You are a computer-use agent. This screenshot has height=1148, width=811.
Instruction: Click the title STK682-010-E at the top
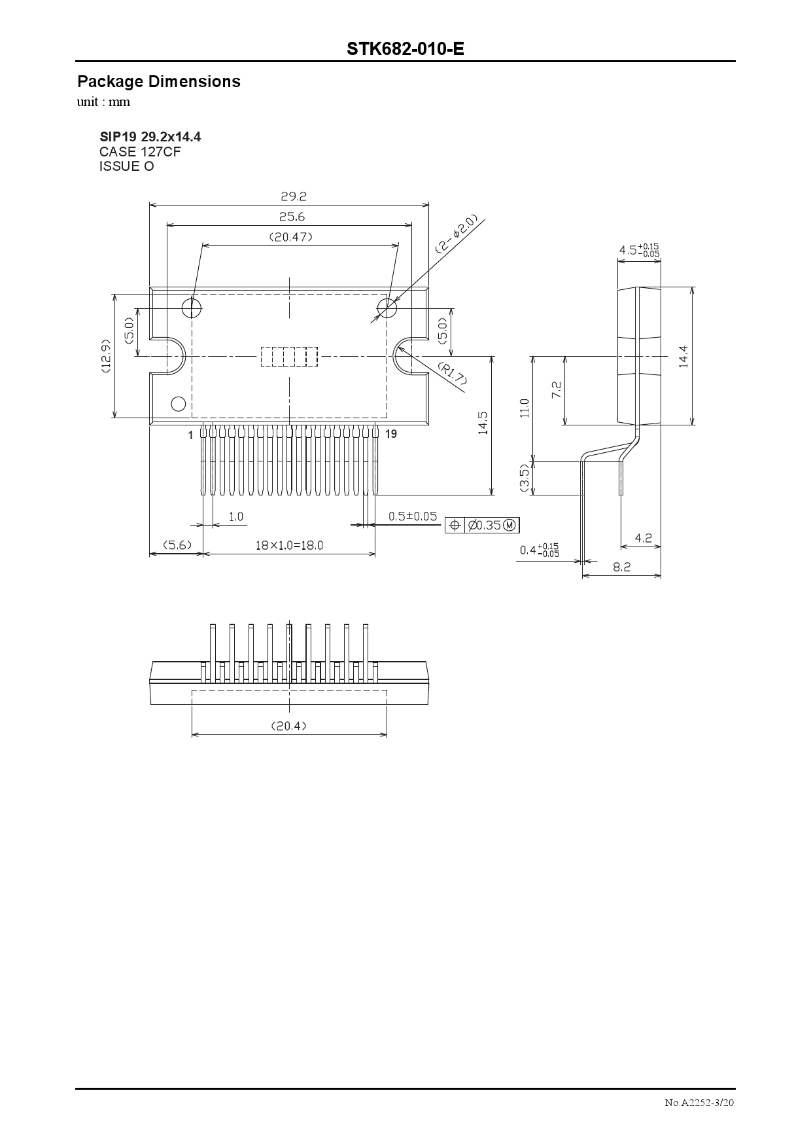[405, 49]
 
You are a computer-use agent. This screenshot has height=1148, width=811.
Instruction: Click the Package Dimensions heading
[159, 82]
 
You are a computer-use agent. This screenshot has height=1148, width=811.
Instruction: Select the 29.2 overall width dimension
[293, 196]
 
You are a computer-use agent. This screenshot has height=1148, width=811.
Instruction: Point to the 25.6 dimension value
[292, 217]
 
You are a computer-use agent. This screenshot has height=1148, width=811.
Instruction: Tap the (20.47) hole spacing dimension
[291, 237]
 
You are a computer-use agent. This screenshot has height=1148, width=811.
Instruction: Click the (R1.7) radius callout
[451, 374]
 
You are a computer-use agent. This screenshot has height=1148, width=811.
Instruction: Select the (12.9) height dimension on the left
[106, 355]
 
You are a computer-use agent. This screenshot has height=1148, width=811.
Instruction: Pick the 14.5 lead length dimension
[483, 423]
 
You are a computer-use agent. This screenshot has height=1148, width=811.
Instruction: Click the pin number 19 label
[390, 434]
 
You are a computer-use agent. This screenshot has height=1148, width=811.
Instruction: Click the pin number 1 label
[191, 435]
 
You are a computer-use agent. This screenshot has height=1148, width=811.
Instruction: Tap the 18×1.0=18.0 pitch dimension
[288, 545]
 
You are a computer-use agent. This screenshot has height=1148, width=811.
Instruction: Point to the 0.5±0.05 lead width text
[413, 516]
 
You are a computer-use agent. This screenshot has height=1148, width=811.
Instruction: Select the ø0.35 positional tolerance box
[483, 525]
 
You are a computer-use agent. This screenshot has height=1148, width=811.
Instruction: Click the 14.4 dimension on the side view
[683, 356]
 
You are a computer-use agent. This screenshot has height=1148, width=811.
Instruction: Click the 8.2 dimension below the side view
[621, 567]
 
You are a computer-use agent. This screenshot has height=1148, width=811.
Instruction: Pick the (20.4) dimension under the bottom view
[288, 726]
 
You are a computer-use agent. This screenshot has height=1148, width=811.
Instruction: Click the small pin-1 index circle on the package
[178, 403]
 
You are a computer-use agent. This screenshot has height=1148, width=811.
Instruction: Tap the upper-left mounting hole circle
[192, 307]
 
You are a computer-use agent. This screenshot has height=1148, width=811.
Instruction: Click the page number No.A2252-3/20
[699, 1103]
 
